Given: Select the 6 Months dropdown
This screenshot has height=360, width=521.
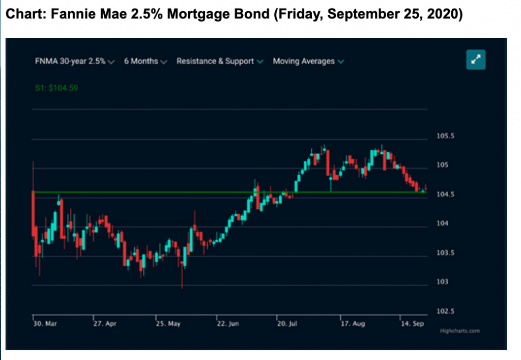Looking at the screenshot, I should (145, 61).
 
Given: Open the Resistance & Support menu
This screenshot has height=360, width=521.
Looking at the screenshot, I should (219, 61).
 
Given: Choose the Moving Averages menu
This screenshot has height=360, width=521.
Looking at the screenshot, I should (308, 61).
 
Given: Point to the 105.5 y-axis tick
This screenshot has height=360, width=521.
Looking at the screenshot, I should (446, 136).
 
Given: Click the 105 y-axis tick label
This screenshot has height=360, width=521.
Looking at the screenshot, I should (443, 165).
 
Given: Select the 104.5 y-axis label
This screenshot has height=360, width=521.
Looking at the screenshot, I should (446, 195).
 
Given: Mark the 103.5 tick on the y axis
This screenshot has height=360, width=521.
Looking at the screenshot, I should (446, 253).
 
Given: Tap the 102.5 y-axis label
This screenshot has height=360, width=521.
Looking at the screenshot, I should (446, 311).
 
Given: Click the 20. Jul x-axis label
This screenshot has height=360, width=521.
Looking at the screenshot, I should (288, 323).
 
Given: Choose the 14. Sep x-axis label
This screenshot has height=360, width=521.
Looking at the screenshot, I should (413, 323).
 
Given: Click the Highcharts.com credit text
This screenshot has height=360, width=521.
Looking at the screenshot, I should (459, 331).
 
